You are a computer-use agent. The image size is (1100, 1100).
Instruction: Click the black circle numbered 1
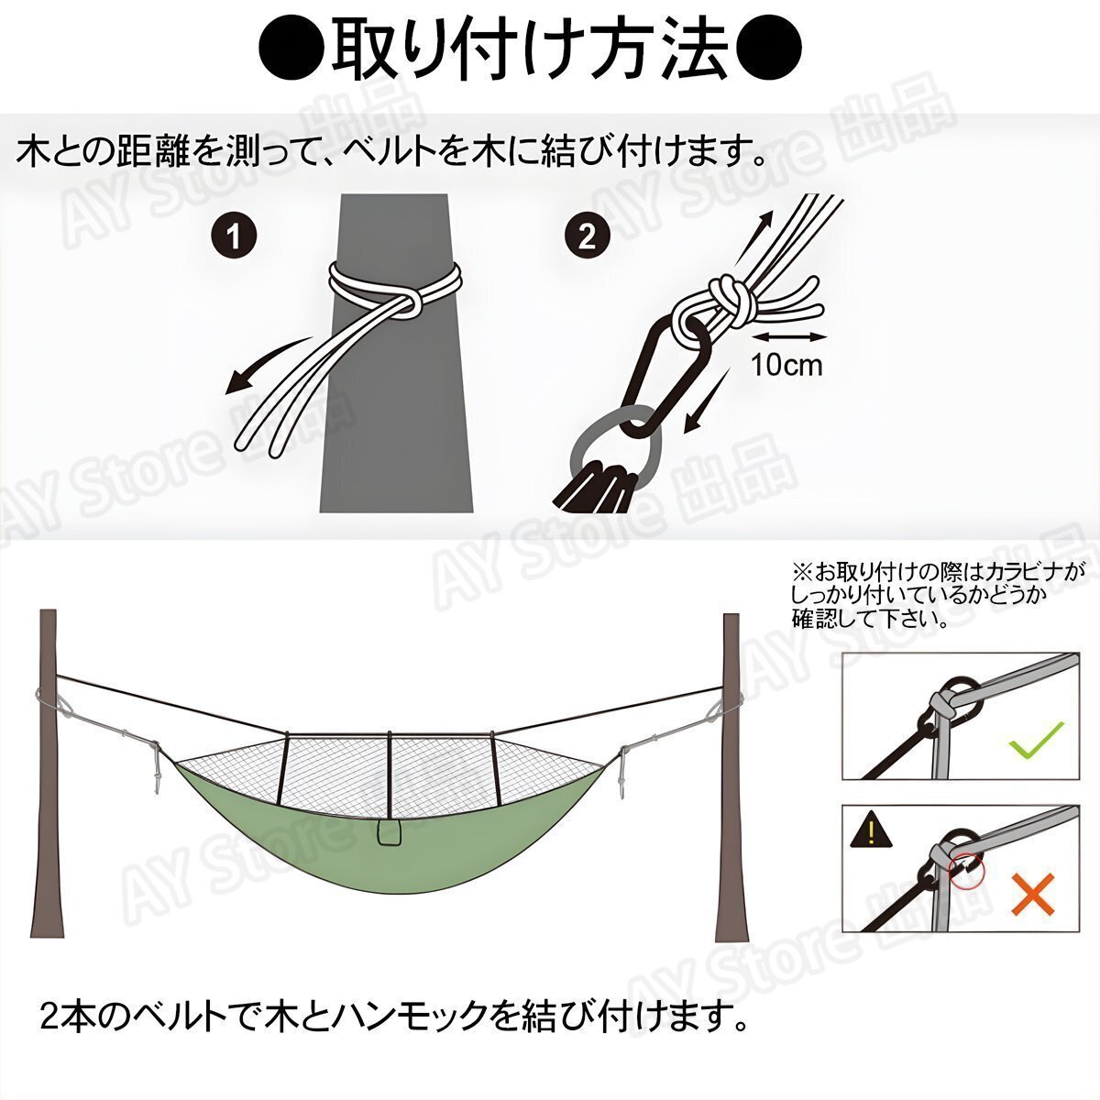click(235, 236)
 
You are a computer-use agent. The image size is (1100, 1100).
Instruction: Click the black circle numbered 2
click(587, 236)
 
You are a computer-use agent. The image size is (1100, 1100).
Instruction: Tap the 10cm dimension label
click(786, 364)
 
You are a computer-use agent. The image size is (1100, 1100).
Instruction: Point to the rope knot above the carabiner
click(722, 305)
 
